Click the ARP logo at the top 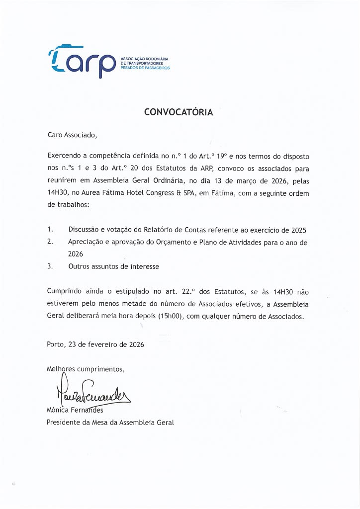pyautogui.click(x=82, y=62)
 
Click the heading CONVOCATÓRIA pyautogui.click(x=179, y=112)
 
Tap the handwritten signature pyautogui.click(x=89, y=393)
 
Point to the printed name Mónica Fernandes pyautogui.click(x=75, y=411)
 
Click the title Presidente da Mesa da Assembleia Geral pyautogui.click(x=110, y=423)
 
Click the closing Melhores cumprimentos pyautogui.click(x=86, y=369)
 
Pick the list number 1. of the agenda pyautogui.click(x=50, y=230)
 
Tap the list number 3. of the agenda pyautogui.click(x=50, y=266)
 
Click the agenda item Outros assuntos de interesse pyautogui.click(x=114, y=266)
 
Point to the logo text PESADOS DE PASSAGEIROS pyautogui.click(x=145, y=68)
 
